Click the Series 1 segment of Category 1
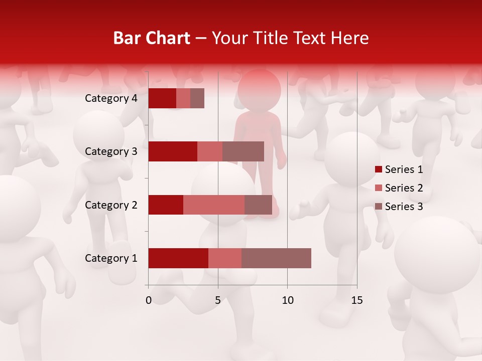(178, 258)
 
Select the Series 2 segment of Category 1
(225, 258)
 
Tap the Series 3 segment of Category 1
(276, 258)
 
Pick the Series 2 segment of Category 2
(214, 205)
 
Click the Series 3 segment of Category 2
(258, 205)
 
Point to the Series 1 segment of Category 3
(173, 151)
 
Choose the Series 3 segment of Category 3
(243, 151)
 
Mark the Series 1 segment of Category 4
(162, 98)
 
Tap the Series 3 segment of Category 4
(197, 98)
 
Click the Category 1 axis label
(111, 258)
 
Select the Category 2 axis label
(111, 205)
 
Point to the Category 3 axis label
(111, 151)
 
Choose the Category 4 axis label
(111, 98)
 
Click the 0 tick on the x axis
(149, 300)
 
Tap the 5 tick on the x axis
(218, 300)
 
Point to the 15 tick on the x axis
(357, 300)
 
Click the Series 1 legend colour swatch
(379, 169)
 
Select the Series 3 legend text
(404, 207)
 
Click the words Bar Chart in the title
(152, 38)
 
